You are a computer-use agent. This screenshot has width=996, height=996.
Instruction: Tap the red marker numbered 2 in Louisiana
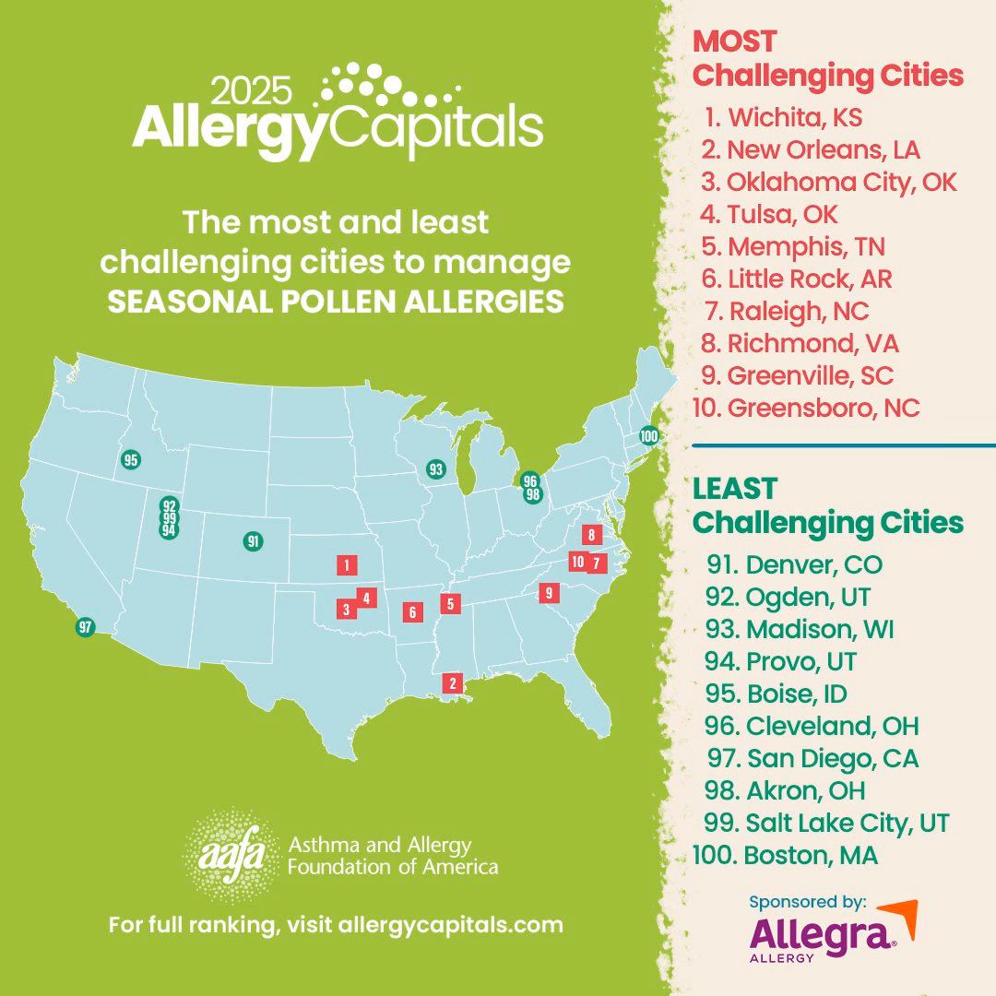coord(452,683)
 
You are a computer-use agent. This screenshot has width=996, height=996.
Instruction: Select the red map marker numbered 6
coord(412,611)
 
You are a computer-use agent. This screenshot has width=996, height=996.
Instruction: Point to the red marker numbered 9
coord(549,593)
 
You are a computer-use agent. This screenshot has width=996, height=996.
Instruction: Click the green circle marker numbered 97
coord(86,627)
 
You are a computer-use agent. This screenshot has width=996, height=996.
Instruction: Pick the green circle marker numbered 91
coord(253,541)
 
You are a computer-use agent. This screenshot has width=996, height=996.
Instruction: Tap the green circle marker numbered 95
coord(130,459)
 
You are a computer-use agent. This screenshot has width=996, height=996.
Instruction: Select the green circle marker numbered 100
coord(649,436)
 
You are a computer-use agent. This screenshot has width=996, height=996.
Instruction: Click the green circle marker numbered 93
coord(435,469)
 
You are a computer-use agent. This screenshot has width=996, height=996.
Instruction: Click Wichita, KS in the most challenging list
coord(795,118)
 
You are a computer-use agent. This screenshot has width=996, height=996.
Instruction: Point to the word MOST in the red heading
coord(735,41)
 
